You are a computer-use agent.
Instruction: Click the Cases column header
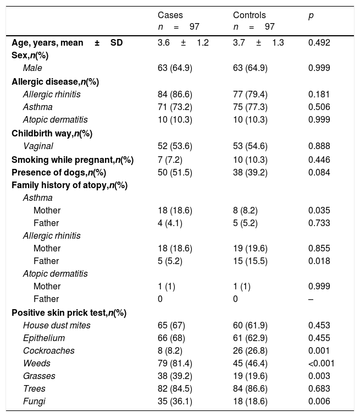[170, 15]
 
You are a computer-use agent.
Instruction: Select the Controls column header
[249, 15]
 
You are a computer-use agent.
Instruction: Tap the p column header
[311, 15]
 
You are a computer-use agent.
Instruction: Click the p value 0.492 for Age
[319, 42]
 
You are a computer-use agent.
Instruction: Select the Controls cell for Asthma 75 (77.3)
[250, 107]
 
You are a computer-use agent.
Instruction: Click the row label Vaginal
[38, 146]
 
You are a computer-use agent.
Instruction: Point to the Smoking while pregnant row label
[73, 160]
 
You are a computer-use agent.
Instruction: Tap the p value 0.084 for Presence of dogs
[319, 172]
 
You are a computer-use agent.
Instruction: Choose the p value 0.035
[319, 210]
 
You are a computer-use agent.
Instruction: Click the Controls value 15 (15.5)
[250, 261]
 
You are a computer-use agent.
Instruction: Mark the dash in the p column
[311, 299]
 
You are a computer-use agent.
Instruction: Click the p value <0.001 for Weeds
[322, 363]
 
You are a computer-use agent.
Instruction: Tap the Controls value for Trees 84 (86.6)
[250, 388]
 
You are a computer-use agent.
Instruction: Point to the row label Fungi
[34, 401]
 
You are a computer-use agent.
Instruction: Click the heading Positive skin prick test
[69, 312]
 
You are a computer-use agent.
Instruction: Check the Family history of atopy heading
[70, 185]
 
